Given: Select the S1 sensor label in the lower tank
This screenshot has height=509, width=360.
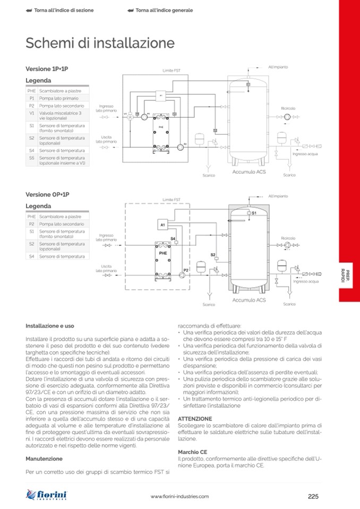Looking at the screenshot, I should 254,213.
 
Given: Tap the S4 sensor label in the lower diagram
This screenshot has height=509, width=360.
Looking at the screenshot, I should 173,239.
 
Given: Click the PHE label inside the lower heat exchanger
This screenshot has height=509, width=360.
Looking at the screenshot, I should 162,254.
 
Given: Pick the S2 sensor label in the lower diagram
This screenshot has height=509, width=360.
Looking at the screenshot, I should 213,255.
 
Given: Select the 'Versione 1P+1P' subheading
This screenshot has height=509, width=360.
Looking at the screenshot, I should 47,69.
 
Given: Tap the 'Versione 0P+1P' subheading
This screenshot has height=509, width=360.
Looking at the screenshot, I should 47,195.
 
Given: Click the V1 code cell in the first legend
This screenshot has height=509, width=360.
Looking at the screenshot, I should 32,114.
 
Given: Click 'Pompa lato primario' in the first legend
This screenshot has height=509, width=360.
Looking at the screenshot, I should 58,98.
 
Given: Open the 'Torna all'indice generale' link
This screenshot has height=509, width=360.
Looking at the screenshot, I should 160,10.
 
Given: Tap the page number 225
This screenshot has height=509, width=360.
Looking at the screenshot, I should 313,496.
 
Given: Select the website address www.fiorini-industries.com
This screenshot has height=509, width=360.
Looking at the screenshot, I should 179,496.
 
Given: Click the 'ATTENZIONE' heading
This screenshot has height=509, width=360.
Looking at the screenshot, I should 195,418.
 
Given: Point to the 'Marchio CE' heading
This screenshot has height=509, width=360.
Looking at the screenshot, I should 192,451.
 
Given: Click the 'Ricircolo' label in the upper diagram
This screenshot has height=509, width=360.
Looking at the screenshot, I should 288,108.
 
